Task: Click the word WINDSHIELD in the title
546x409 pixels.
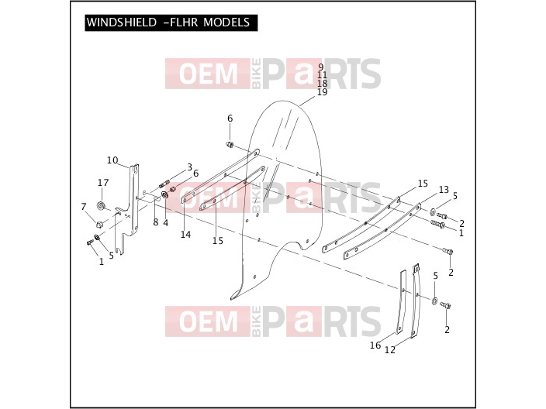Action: (x=122, y=22)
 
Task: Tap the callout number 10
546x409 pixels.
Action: (x=112, y=160)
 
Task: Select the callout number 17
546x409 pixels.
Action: (x=103, y=183)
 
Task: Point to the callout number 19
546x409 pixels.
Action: (x=323, y=92)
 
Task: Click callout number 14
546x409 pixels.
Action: (x=185, y=235)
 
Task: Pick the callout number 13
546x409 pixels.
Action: (x=444, y=190)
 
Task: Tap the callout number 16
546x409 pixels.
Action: (x=375, y=345)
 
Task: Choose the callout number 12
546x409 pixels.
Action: (x=390, y=350)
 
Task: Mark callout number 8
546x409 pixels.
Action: (x=156, y=222)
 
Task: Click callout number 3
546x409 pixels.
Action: (x=189, y=167)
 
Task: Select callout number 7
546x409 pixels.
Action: (x=84, y=207)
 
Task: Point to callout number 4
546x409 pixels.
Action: (x=166, y=223)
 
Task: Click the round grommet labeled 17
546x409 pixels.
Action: (x=102, y=205)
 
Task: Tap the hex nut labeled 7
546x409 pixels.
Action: (x=99, y=224)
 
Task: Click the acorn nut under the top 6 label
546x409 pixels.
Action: (x=230, y=143)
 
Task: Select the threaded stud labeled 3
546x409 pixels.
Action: (x=164, y=184)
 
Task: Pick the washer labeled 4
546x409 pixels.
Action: (x=164, y=194)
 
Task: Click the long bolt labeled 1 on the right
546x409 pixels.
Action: (x=437, y=225)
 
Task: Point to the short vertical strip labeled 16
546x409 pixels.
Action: (x=402, y=302)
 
